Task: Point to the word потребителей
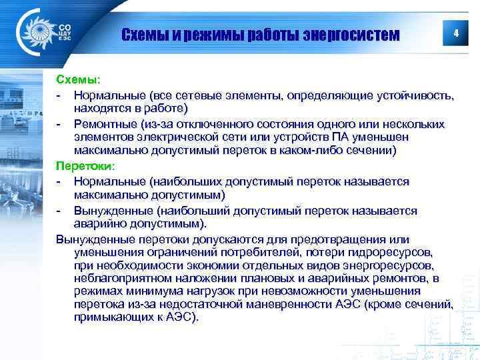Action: [x=285, y=253]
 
